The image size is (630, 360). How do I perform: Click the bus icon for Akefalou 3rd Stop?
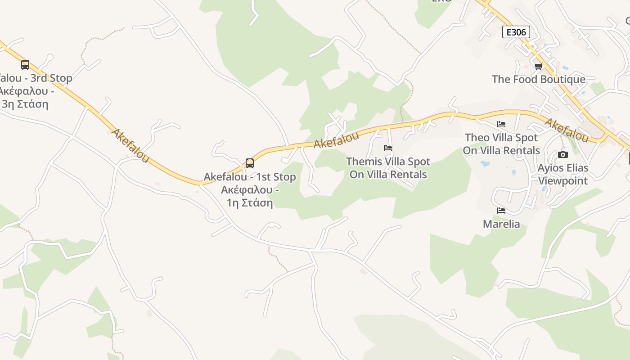tap(25, 65)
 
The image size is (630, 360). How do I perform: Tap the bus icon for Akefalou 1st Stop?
tap(250, 163)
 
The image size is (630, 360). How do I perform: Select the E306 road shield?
tap(516, 32)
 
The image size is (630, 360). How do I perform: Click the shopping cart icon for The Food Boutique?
tap(538, 67)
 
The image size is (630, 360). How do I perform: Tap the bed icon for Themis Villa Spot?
tap(388, 148)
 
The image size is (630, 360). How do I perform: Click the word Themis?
tap(364, 162)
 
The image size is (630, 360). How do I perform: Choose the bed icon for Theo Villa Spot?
tap(501, 124)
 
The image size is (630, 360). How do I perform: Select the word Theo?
tap(475, 138)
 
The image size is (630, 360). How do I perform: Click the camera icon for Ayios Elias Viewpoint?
tap(562, 155)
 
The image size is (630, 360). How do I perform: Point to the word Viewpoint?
tap(563, 181)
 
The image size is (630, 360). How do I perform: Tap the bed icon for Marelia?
tap(501, 211)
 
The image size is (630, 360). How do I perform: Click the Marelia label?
tap(501, 224)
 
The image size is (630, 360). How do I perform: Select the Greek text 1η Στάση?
tap(250, 203)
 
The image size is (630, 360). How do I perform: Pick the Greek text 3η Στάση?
tap(25, 104)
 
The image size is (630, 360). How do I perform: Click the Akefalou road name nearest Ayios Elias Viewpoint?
tap(567, 129)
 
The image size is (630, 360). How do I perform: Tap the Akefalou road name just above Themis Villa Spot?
tap(336, 140)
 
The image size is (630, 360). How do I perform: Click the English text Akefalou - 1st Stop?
tap(250, 177)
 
